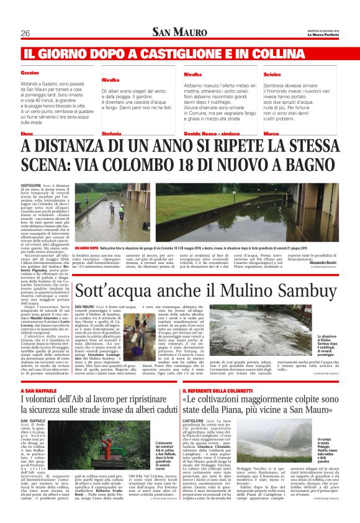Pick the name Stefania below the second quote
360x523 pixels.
pos(112,134)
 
